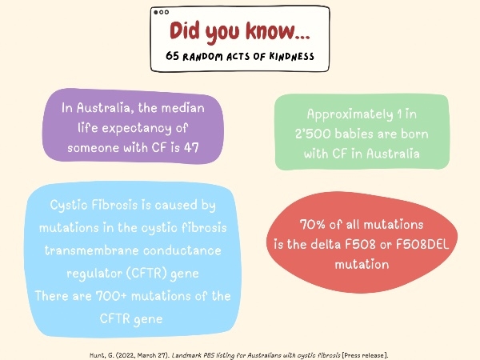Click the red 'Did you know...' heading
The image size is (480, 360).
click(x=240, y=32)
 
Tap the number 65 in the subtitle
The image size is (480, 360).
click(x=172, y=56)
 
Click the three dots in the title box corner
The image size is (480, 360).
click(x=162, y=12)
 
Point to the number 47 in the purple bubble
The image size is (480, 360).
click(x=192, y=147)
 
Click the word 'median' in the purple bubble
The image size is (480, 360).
click(x=182, y=108)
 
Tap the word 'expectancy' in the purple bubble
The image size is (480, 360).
click(x=137, y=129)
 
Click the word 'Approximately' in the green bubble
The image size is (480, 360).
click(x=350, y=114)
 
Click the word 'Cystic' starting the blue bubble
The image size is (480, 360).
click(x=69, y=206)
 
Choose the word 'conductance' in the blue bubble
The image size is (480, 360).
click(x=182, y=250)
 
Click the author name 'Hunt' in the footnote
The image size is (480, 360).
click(x=98, y=355)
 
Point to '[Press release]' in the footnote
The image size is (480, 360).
click(x=365, y=355)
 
